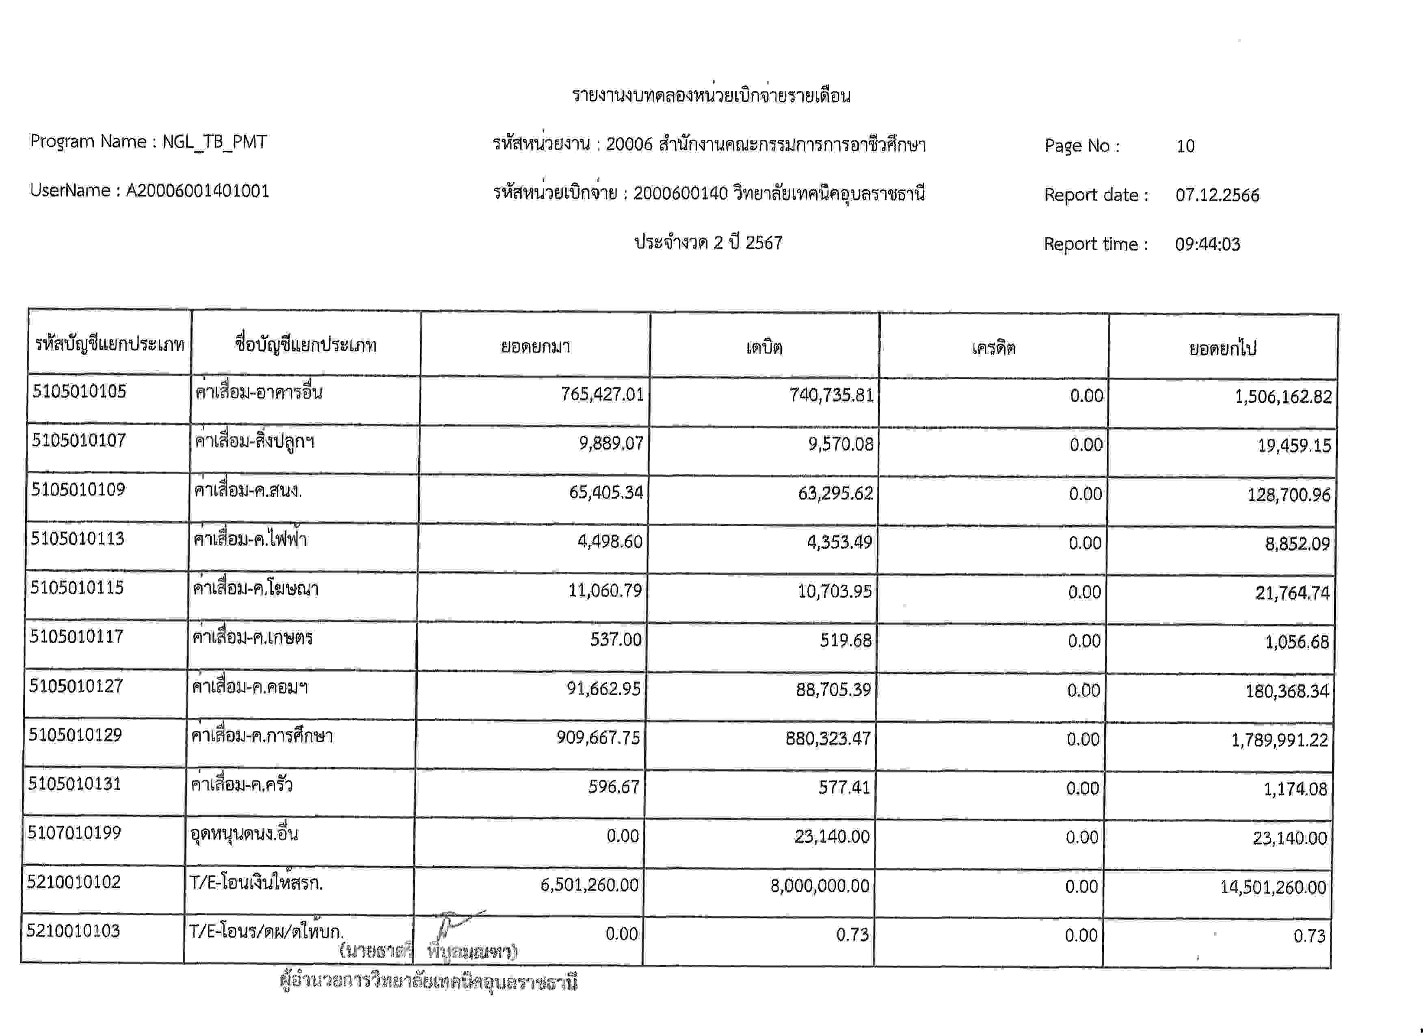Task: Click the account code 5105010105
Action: point(79,391)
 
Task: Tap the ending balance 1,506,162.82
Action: point(1283,396)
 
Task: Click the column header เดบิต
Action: point(764,347)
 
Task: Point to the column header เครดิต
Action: point(993,348)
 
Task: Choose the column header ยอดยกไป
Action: point(1222,348)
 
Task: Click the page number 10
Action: point(1185,146)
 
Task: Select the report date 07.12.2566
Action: point(1217,195)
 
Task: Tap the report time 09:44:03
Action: point(1208,244)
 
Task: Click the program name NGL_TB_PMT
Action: point(214,142)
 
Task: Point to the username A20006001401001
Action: point(198,191)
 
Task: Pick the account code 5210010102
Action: point(74,882)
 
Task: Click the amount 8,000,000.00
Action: point(820,886)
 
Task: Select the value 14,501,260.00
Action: point(1273,887)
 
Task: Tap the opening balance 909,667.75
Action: point(598,737)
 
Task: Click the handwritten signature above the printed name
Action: point(455,925)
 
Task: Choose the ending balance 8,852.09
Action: point(1297,543)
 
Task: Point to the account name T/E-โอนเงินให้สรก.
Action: point(256,883)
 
